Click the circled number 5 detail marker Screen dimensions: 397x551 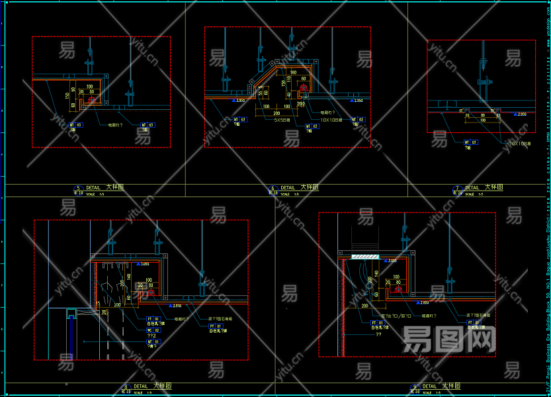pos(79,188)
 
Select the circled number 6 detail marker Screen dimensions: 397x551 pos(273,188)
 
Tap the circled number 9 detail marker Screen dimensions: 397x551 pos(415,386)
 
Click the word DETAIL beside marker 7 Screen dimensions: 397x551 pos(472,188)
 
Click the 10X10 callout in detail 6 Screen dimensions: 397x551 pos(332,120)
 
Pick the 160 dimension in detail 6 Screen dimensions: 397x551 pos(293,72)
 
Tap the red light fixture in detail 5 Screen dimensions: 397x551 pos(91,100)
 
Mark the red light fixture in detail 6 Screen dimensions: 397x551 pos(304,87)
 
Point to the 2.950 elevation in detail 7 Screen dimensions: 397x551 pos(522,114)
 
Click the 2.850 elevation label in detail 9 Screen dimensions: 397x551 pos(425,302)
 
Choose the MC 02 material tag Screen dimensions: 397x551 pos(153,330)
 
